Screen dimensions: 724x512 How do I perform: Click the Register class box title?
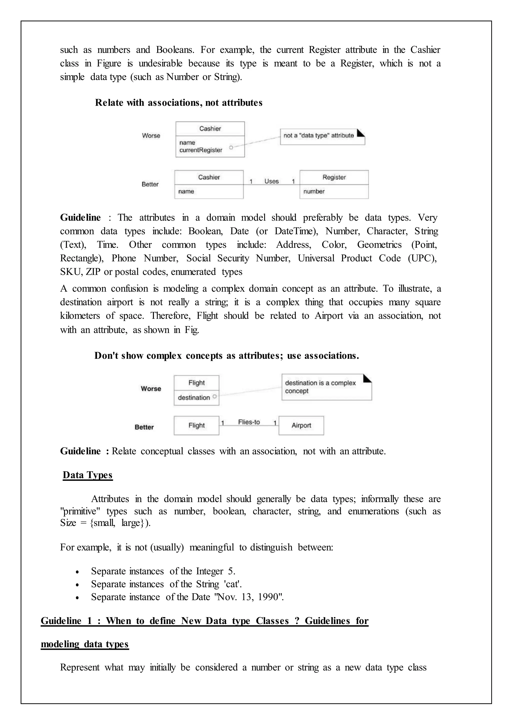334,177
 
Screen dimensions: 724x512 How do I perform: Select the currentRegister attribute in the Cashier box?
201,150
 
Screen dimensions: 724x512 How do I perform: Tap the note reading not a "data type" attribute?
319,135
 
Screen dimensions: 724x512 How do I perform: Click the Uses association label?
271,181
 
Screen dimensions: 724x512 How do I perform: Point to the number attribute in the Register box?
314,191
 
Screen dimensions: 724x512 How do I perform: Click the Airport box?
301,425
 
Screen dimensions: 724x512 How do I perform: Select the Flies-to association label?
249,422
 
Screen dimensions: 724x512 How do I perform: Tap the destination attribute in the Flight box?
193,398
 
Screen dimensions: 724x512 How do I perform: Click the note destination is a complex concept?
320,387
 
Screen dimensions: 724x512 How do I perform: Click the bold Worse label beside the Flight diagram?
151,389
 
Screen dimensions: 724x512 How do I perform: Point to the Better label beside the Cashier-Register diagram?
150,184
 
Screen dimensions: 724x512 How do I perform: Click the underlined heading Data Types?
88,475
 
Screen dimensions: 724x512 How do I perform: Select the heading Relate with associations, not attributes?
178,103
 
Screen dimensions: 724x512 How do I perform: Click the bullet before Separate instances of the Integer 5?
77,572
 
